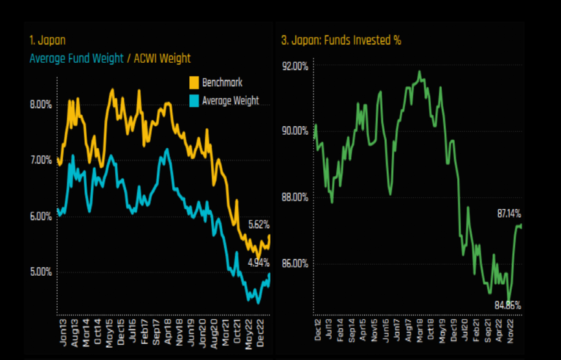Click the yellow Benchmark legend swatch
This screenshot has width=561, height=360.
pyautogui.click(x=194, y=83)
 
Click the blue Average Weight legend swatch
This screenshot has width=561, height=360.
pyautogui.click(x=194, y=100)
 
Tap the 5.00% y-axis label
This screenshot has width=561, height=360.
pyautogui.click(x=41, y=272)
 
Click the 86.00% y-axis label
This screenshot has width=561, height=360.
pyautogui.click(x=295, y=264)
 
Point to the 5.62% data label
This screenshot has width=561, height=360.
pyautogui.click(x=258, y=225)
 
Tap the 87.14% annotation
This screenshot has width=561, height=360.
pyautogui.click(x=509, y=214)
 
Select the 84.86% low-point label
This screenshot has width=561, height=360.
pyautogui.click(x=509, y=305)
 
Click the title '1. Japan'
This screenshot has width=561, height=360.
pyautogui.click(x=47, y=41)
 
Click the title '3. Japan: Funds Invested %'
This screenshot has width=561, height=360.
pyautogui.click(x=341, y=41)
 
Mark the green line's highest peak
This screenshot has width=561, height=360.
pyautogui.click(x=420, y=72)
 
